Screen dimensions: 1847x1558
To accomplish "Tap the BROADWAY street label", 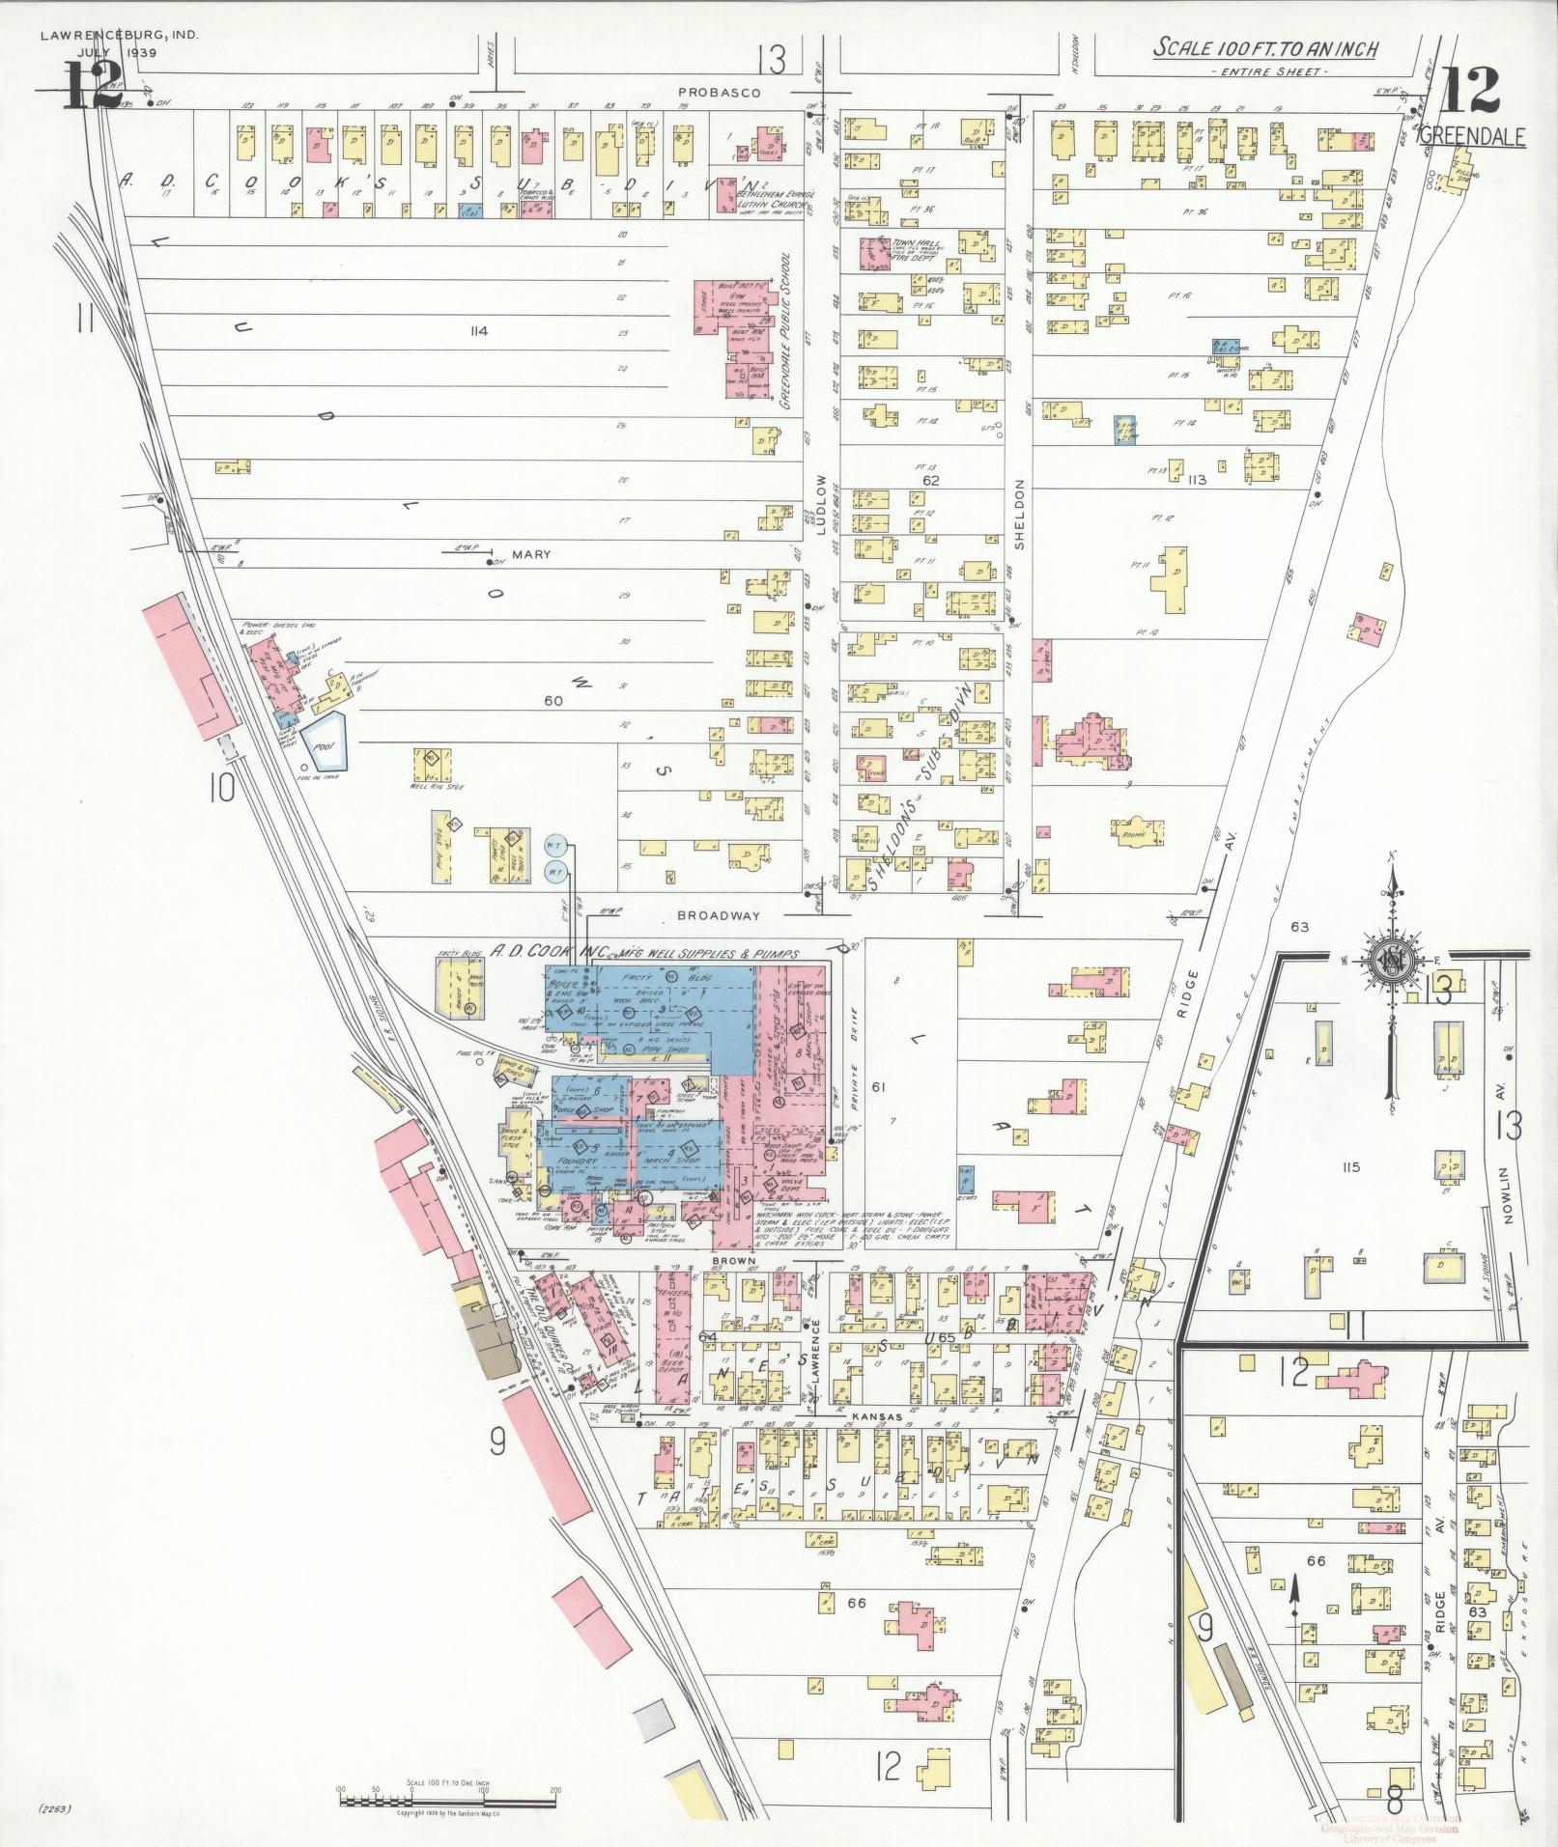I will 718,914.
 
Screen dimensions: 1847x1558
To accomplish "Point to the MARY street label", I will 530,554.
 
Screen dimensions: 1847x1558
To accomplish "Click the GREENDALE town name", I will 1472,137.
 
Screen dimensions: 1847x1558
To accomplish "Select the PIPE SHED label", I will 657,1046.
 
